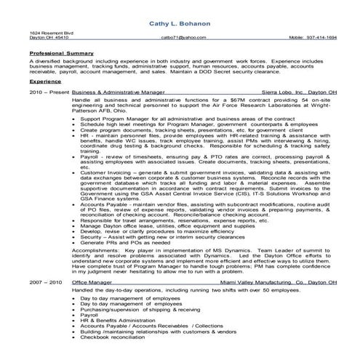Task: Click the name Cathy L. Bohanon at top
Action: tap(180, 23)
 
